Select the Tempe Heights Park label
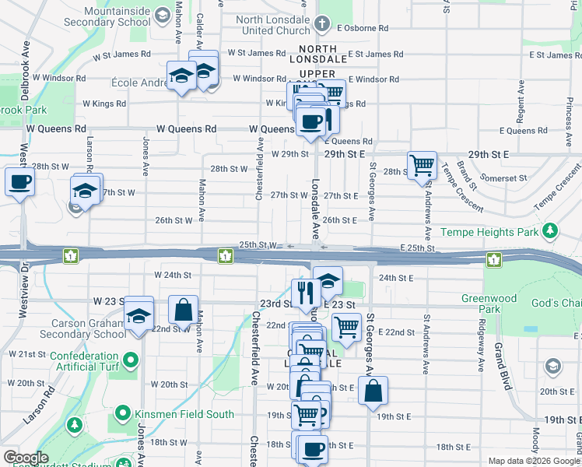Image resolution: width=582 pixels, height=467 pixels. click(489, 232)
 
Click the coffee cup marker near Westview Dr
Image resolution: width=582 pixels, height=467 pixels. click(20, 183)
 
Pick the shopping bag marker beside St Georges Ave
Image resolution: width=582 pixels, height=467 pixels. click(373, 391)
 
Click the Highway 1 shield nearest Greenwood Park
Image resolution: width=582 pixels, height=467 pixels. click(493, 258)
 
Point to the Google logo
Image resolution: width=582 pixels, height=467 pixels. click(25, 458)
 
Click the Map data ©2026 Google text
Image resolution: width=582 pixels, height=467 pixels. click(533, 461)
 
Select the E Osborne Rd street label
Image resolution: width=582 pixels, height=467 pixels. click(363, 28)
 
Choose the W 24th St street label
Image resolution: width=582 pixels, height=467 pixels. click(173, 275)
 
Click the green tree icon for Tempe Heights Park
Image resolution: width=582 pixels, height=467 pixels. click(550, 231)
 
